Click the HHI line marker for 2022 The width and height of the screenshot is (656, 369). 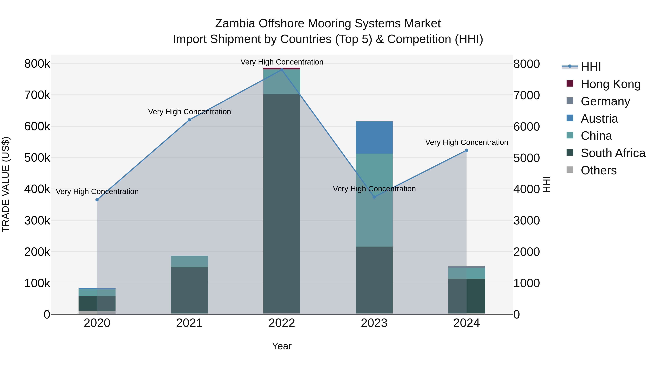tap(282, 70)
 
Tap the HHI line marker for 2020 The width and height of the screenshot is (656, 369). tap(97, 200)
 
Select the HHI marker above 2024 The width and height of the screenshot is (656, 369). tap(466, 151)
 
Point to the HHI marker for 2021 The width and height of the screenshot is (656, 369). tap(189, 120)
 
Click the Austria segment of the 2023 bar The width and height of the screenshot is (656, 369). tap(374, 138)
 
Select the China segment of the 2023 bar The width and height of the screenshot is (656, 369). tap(374, 200)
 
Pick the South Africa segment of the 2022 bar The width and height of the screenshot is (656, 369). tap(282, 204)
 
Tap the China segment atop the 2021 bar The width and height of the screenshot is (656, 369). tap(189, 261)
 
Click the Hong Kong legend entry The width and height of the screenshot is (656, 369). tap(610, 84)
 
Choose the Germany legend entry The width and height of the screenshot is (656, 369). tap(605, 101)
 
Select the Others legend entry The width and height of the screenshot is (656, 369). tap(598, 170)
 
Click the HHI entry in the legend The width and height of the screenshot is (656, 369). tap(591, 67)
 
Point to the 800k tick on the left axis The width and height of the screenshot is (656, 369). tap(37, 64)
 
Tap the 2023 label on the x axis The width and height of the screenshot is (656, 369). tap(374, 323)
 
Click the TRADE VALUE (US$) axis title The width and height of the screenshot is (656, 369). tap(6, 184)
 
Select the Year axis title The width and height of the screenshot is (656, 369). tap(282, 346)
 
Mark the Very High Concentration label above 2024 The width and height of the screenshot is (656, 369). tap(466, 142)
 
